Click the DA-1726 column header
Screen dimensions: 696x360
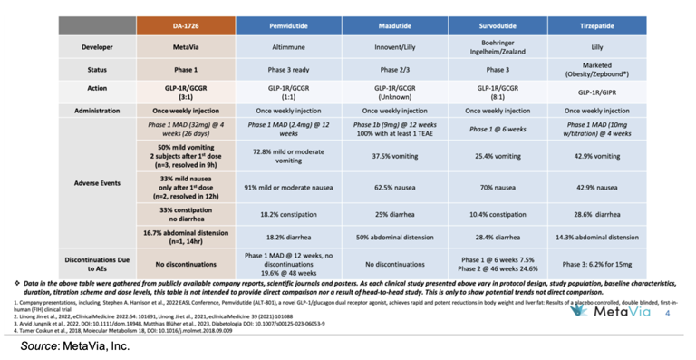click(186, 24)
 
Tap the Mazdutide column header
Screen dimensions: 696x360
click(394, 24)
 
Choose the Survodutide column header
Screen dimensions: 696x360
click(497, 24)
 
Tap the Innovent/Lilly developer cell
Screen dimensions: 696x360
click(394, 46)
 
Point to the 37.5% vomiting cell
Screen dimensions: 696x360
click(394, 155)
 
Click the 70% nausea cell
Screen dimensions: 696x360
click(497, 187)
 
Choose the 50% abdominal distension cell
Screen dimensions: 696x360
click(394, 238)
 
